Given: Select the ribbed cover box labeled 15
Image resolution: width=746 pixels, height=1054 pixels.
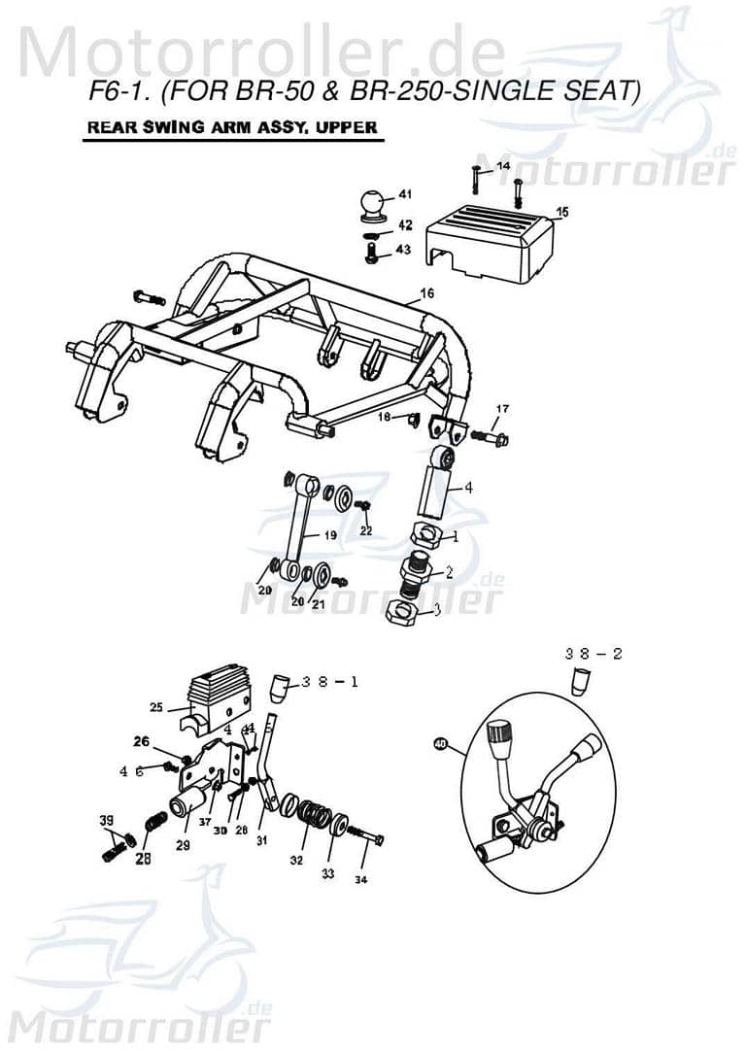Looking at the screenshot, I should click(490, 240).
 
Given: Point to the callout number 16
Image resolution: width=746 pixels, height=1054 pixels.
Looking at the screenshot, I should click(426, 292).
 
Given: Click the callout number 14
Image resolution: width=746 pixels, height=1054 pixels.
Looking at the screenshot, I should click(502, 167).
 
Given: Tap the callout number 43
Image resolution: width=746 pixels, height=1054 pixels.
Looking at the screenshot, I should click(403, 250).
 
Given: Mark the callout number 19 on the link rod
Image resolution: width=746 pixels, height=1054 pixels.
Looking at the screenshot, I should click(330, 535).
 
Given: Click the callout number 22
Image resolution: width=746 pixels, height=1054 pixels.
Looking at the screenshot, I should click(365, 530).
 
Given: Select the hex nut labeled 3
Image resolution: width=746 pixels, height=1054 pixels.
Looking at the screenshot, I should click(401, 613).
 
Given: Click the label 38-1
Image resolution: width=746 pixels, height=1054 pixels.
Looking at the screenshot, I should click(329, 682).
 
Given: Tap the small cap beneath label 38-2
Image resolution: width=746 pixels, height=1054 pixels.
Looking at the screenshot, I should click(579, 681).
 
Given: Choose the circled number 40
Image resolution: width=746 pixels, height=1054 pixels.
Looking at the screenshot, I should click(440, 745).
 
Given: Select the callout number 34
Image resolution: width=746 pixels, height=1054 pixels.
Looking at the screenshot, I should click(361, 880).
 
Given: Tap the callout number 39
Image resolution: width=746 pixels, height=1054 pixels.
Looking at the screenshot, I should click(106, 821).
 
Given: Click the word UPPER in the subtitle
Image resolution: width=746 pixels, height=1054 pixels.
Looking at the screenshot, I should click(348, 127).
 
